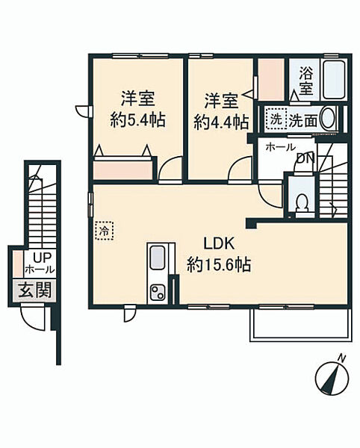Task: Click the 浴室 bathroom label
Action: tap(305, 81)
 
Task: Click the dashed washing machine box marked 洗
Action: tap(276, 119)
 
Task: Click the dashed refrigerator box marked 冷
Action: tap(105, 230)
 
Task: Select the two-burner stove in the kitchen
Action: tap(158, 292)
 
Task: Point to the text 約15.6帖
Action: tap(219, 264)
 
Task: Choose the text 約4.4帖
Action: tap(221, 122)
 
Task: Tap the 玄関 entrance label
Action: tap(35, 290)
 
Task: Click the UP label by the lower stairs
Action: tap(42, 258)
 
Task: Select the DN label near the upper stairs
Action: tap(306, 158)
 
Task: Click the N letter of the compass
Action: tap(341, 358)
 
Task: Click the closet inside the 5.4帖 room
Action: tap(122, 170)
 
